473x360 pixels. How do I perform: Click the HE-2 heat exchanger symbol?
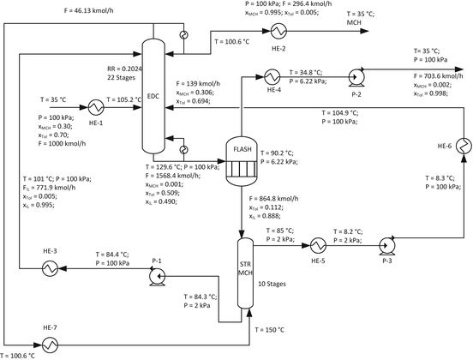pyautogui.click(x=278, y=31)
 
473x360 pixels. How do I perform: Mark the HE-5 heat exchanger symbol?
pyautogui.click(x=320, y=243)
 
